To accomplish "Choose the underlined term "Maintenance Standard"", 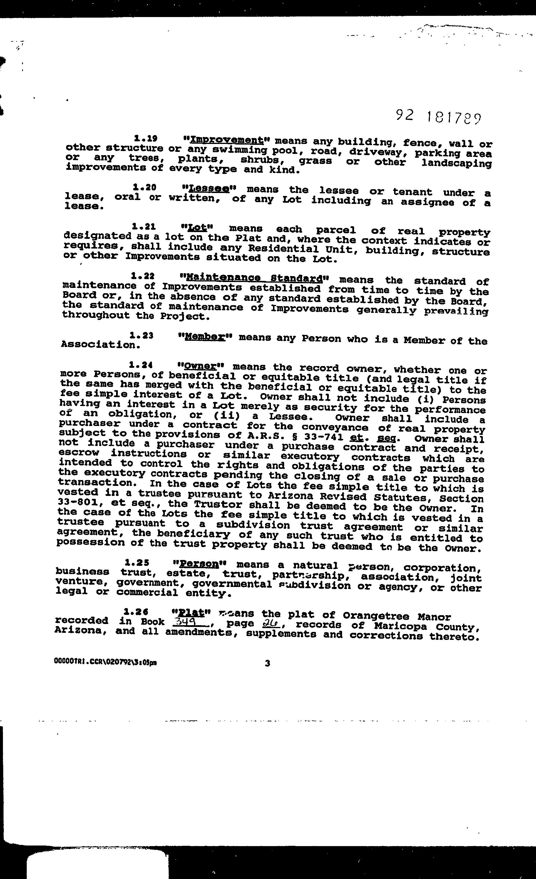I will pos(254,277).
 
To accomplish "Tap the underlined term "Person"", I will pos(199,564).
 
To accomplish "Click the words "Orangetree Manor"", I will pos(397,616).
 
